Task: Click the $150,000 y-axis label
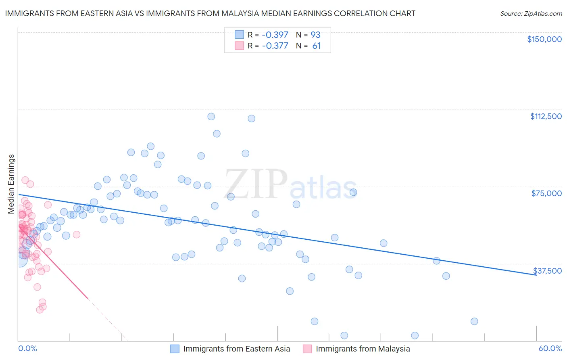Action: (x=544, y=39)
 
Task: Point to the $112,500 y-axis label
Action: (x=546, y=116)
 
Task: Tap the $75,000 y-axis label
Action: (x=546, y=193)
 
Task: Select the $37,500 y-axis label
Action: (x=547, y=271)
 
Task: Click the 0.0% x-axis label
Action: (x=27, y=348)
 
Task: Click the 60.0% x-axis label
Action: (x=550, y=348)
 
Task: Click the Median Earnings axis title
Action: (x=11, y=184)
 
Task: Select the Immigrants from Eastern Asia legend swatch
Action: (x=175, y=349)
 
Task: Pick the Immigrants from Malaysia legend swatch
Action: (x=307, y=349)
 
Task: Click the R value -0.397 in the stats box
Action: (x=275, y=35)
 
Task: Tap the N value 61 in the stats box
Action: (x=316, y=46)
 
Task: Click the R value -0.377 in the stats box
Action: (x=275, y=46)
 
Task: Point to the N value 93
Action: (x=315, y=35)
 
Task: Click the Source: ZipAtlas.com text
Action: (x=531, y=14)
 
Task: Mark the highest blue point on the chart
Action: (x=211, y=117)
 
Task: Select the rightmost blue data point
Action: (x=474, y=321)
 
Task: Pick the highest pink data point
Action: (x=25, y=180)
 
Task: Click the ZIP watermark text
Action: (x=256, y=185)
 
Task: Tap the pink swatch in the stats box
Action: (x=239, y=46)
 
